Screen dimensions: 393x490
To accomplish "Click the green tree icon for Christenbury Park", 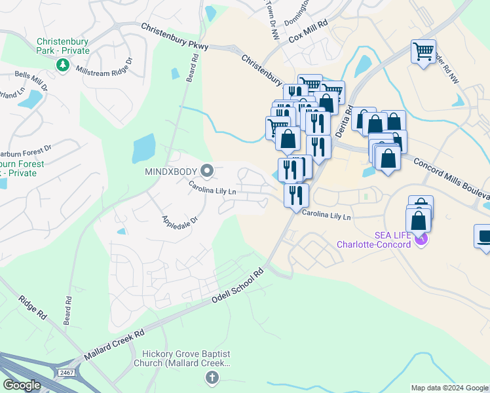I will click(x=63, y=65).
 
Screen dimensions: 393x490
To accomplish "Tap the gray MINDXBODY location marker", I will click(x=208, y=172).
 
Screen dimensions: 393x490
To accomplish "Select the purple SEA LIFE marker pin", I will click(x=421, y=239).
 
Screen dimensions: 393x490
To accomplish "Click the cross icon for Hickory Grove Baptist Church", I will click(x=211, y=377).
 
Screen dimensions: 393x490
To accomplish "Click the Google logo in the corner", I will click(x=22, y=385).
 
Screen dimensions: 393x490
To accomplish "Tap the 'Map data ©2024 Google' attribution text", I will click(x=449, y=388).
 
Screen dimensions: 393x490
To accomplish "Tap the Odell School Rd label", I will click(x=237, y=286).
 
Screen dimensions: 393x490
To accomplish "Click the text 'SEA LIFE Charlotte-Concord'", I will click(x=373, y=240).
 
